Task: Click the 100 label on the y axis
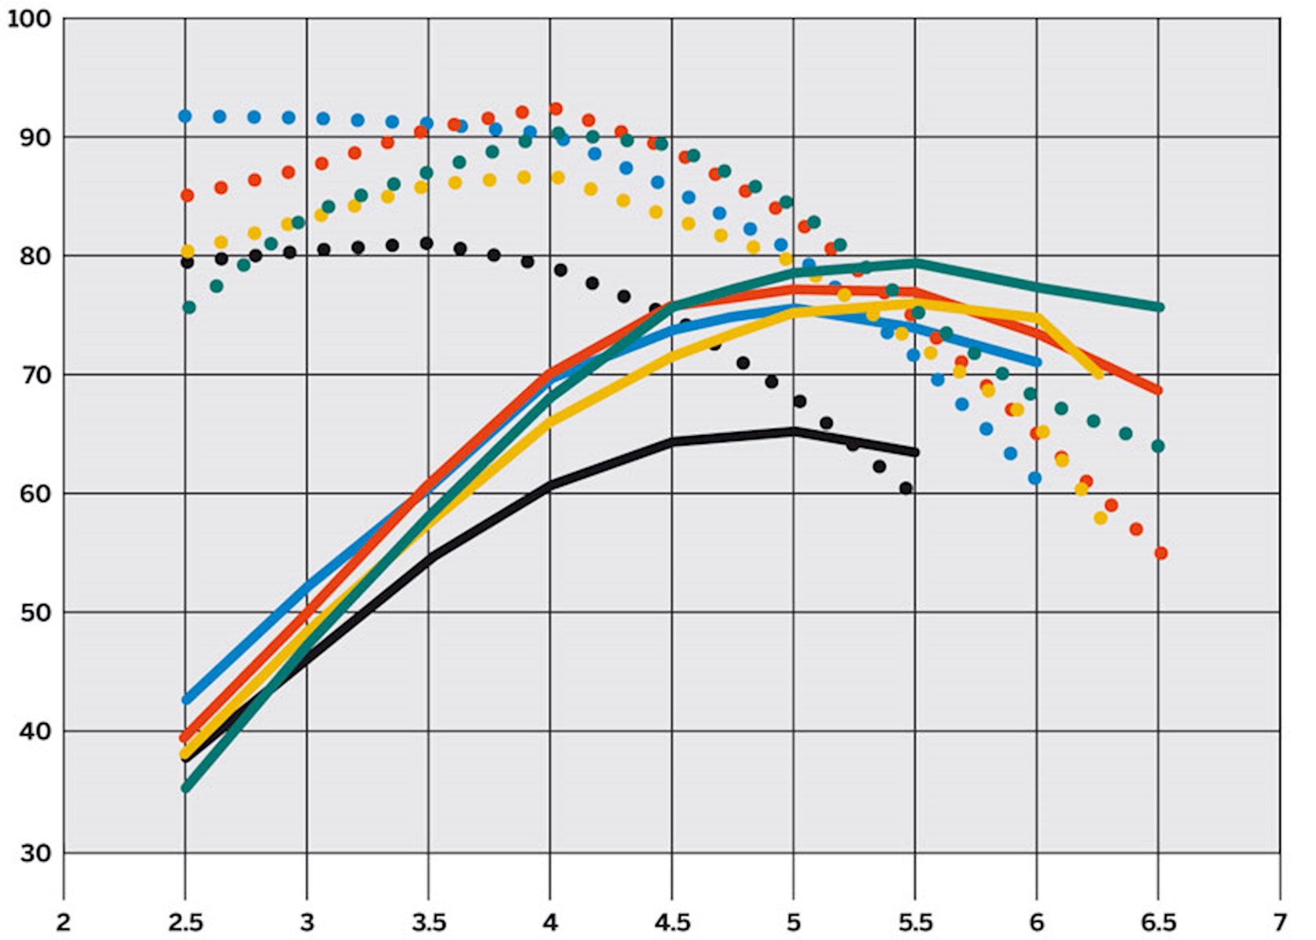click(x=28, y=19)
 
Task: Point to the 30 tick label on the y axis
click(x=35, y=853)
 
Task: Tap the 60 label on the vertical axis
click(x=35, y=493)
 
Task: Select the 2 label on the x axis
click(x=63, y=922)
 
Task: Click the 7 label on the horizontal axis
click(x=1279, y=922)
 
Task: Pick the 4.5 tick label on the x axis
click(x=672, y=922)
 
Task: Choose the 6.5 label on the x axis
click(x=1158, y=922)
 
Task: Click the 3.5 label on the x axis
click(x=429, y=922)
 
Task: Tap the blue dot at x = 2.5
click(x=185, y=116)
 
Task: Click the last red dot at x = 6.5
click(x=1160, y=553)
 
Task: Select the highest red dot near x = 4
click(x=556, y=109)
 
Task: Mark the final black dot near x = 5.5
click(x=906, y=488)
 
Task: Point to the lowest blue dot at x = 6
click(x=1035, y=478)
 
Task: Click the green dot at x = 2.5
click(x=189, y=308)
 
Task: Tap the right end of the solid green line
click(x=1160, y=307)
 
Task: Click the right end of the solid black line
click(x=915, y=452)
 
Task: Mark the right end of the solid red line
click(x=1159, y=391)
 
